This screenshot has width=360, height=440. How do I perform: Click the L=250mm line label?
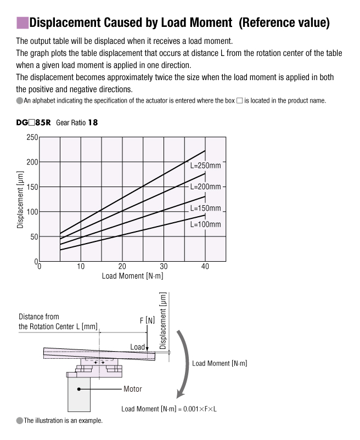[205, 165]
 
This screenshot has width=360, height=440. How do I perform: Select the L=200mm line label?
[205, 187]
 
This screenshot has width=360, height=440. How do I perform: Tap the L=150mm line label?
[205, 208]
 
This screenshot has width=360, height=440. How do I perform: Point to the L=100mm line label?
[205, 224]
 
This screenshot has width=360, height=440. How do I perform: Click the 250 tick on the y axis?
[32, 137]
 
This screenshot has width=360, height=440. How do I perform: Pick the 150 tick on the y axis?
[32, 187]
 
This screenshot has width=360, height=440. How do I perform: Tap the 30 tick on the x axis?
[164, 267]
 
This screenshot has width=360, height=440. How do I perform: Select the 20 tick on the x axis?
[122, 267]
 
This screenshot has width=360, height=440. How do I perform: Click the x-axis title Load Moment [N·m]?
[132, 275]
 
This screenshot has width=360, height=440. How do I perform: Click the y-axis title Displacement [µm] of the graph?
[20, 199]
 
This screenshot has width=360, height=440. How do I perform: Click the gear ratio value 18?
[93, 123]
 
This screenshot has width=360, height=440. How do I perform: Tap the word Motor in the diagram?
[132, 389]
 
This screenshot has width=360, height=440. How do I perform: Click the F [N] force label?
[147, 320]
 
